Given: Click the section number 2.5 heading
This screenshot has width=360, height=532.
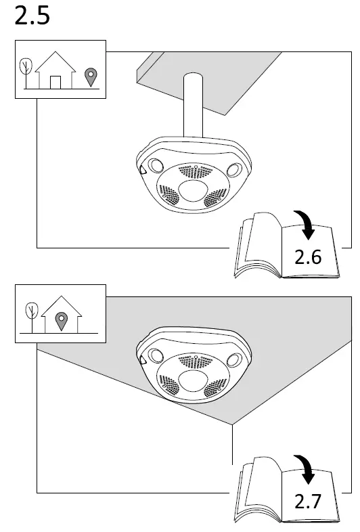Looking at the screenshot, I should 32,16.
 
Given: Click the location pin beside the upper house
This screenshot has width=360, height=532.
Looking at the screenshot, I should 89,76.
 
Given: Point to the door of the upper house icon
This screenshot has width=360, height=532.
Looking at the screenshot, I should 56,82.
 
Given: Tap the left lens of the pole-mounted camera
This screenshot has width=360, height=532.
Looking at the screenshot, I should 156,165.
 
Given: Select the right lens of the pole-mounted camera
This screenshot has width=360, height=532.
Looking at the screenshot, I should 234,169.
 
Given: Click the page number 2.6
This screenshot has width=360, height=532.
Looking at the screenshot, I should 307,257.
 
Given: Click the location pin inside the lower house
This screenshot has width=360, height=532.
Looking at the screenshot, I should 61,319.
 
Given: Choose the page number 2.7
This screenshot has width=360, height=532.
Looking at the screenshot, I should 307,502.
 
